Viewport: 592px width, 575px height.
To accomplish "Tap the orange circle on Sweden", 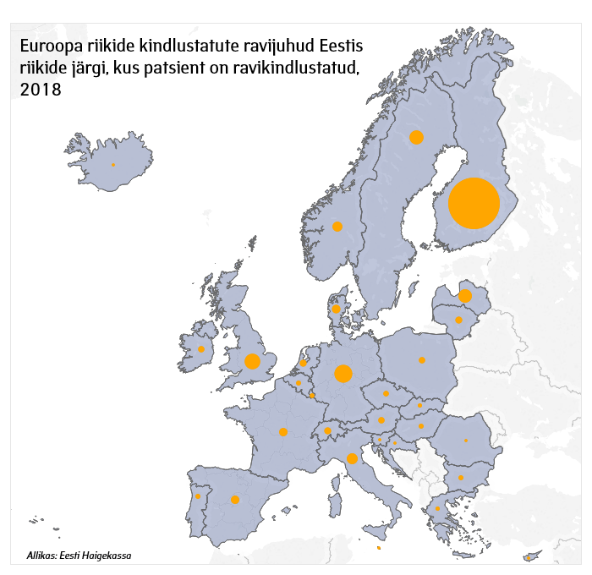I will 416,137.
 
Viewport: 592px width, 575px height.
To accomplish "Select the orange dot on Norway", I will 337,226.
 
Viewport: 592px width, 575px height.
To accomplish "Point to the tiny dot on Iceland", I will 112,165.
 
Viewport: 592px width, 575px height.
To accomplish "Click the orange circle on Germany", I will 343,374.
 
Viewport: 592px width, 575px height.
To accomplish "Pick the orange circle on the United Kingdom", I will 252,361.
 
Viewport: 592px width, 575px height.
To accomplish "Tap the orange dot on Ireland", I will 201,349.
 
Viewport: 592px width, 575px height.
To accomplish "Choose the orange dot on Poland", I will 422,360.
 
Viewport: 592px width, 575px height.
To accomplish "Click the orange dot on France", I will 283,432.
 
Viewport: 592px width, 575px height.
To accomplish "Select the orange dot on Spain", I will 235,499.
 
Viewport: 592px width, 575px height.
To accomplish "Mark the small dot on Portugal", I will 198,496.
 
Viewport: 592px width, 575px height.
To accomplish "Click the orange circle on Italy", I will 352,459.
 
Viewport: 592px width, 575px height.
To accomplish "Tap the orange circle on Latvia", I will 465,296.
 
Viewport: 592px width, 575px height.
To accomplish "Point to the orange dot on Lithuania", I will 459,320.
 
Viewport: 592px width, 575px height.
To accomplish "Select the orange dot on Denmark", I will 336,309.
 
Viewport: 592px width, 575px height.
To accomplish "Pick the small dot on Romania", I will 466,441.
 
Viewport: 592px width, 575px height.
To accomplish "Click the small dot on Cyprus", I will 529,557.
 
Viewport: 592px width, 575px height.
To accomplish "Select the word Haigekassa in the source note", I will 108,556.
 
